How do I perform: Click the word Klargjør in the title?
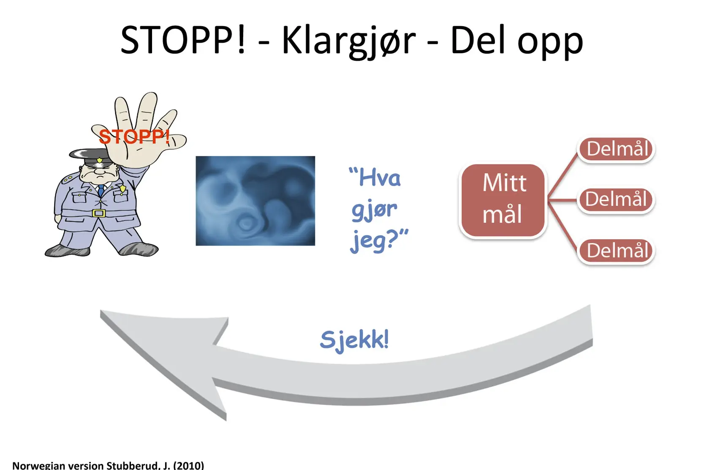[x=349, y=41]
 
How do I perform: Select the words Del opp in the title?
[x=516, y=41]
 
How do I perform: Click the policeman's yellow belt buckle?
[x=99, y=213]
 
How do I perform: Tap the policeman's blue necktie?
[x=101, y=190]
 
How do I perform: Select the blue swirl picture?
[x=255, y=201]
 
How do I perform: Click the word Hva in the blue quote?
[x=375, y=177]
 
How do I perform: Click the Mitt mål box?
[x=503, y=200]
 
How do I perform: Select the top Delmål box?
[x=616, y=149]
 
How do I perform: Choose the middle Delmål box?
[x=616, y=199]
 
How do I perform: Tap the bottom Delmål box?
[x=616, y=251]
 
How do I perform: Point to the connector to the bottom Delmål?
[x=563, y=226]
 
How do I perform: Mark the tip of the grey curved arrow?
[x=101, y=312]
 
